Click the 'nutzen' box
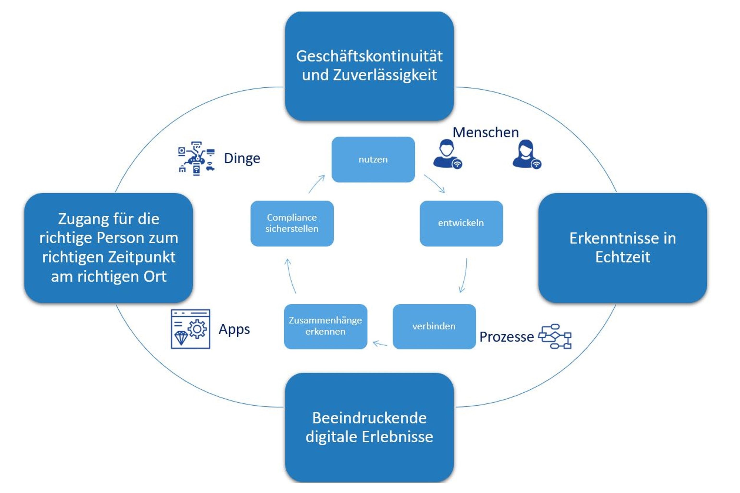click(x=373, y=159)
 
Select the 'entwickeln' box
click(x=461, y=223)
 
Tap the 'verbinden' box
click(x=434, y=326)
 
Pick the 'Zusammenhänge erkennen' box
click(x=325, y=326)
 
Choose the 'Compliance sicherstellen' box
click(x=292, y=223)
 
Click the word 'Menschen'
click(x=485, y=132)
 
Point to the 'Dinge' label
click(x=242, y=158)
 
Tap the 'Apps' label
click(x=234, y=329)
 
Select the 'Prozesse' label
click(x=506, y=337)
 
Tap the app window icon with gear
click(x=190, y=329)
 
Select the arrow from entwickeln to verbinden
click(x=464, y=275)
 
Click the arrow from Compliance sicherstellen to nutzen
click(x=316, y=184)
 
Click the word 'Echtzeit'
click(x=622, y=257)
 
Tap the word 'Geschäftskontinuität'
click(x=369, y=56)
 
